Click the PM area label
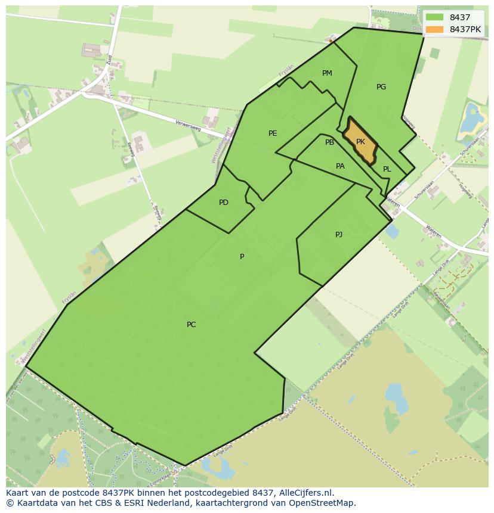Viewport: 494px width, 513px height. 327,73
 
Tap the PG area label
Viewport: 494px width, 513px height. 381,87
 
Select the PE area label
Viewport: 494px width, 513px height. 273,133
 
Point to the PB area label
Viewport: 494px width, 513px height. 329,142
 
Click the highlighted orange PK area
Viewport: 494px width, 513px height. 360,142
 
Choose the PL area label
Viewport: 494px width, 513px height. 387,169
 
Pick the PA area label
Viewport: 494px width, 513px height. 340,166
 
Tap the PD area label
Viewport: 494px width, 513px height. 224,203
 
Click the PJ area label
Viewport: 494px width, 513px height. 339,234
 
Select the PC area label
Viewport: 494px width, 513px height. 191,325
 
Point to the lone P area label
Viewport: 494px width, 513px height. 242,257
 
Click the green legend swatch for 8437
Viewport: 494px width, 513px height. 435,17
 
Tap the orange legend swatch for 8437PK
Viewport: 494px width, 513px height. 435,29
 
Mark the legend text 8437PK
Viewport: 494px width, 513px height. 465,29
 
